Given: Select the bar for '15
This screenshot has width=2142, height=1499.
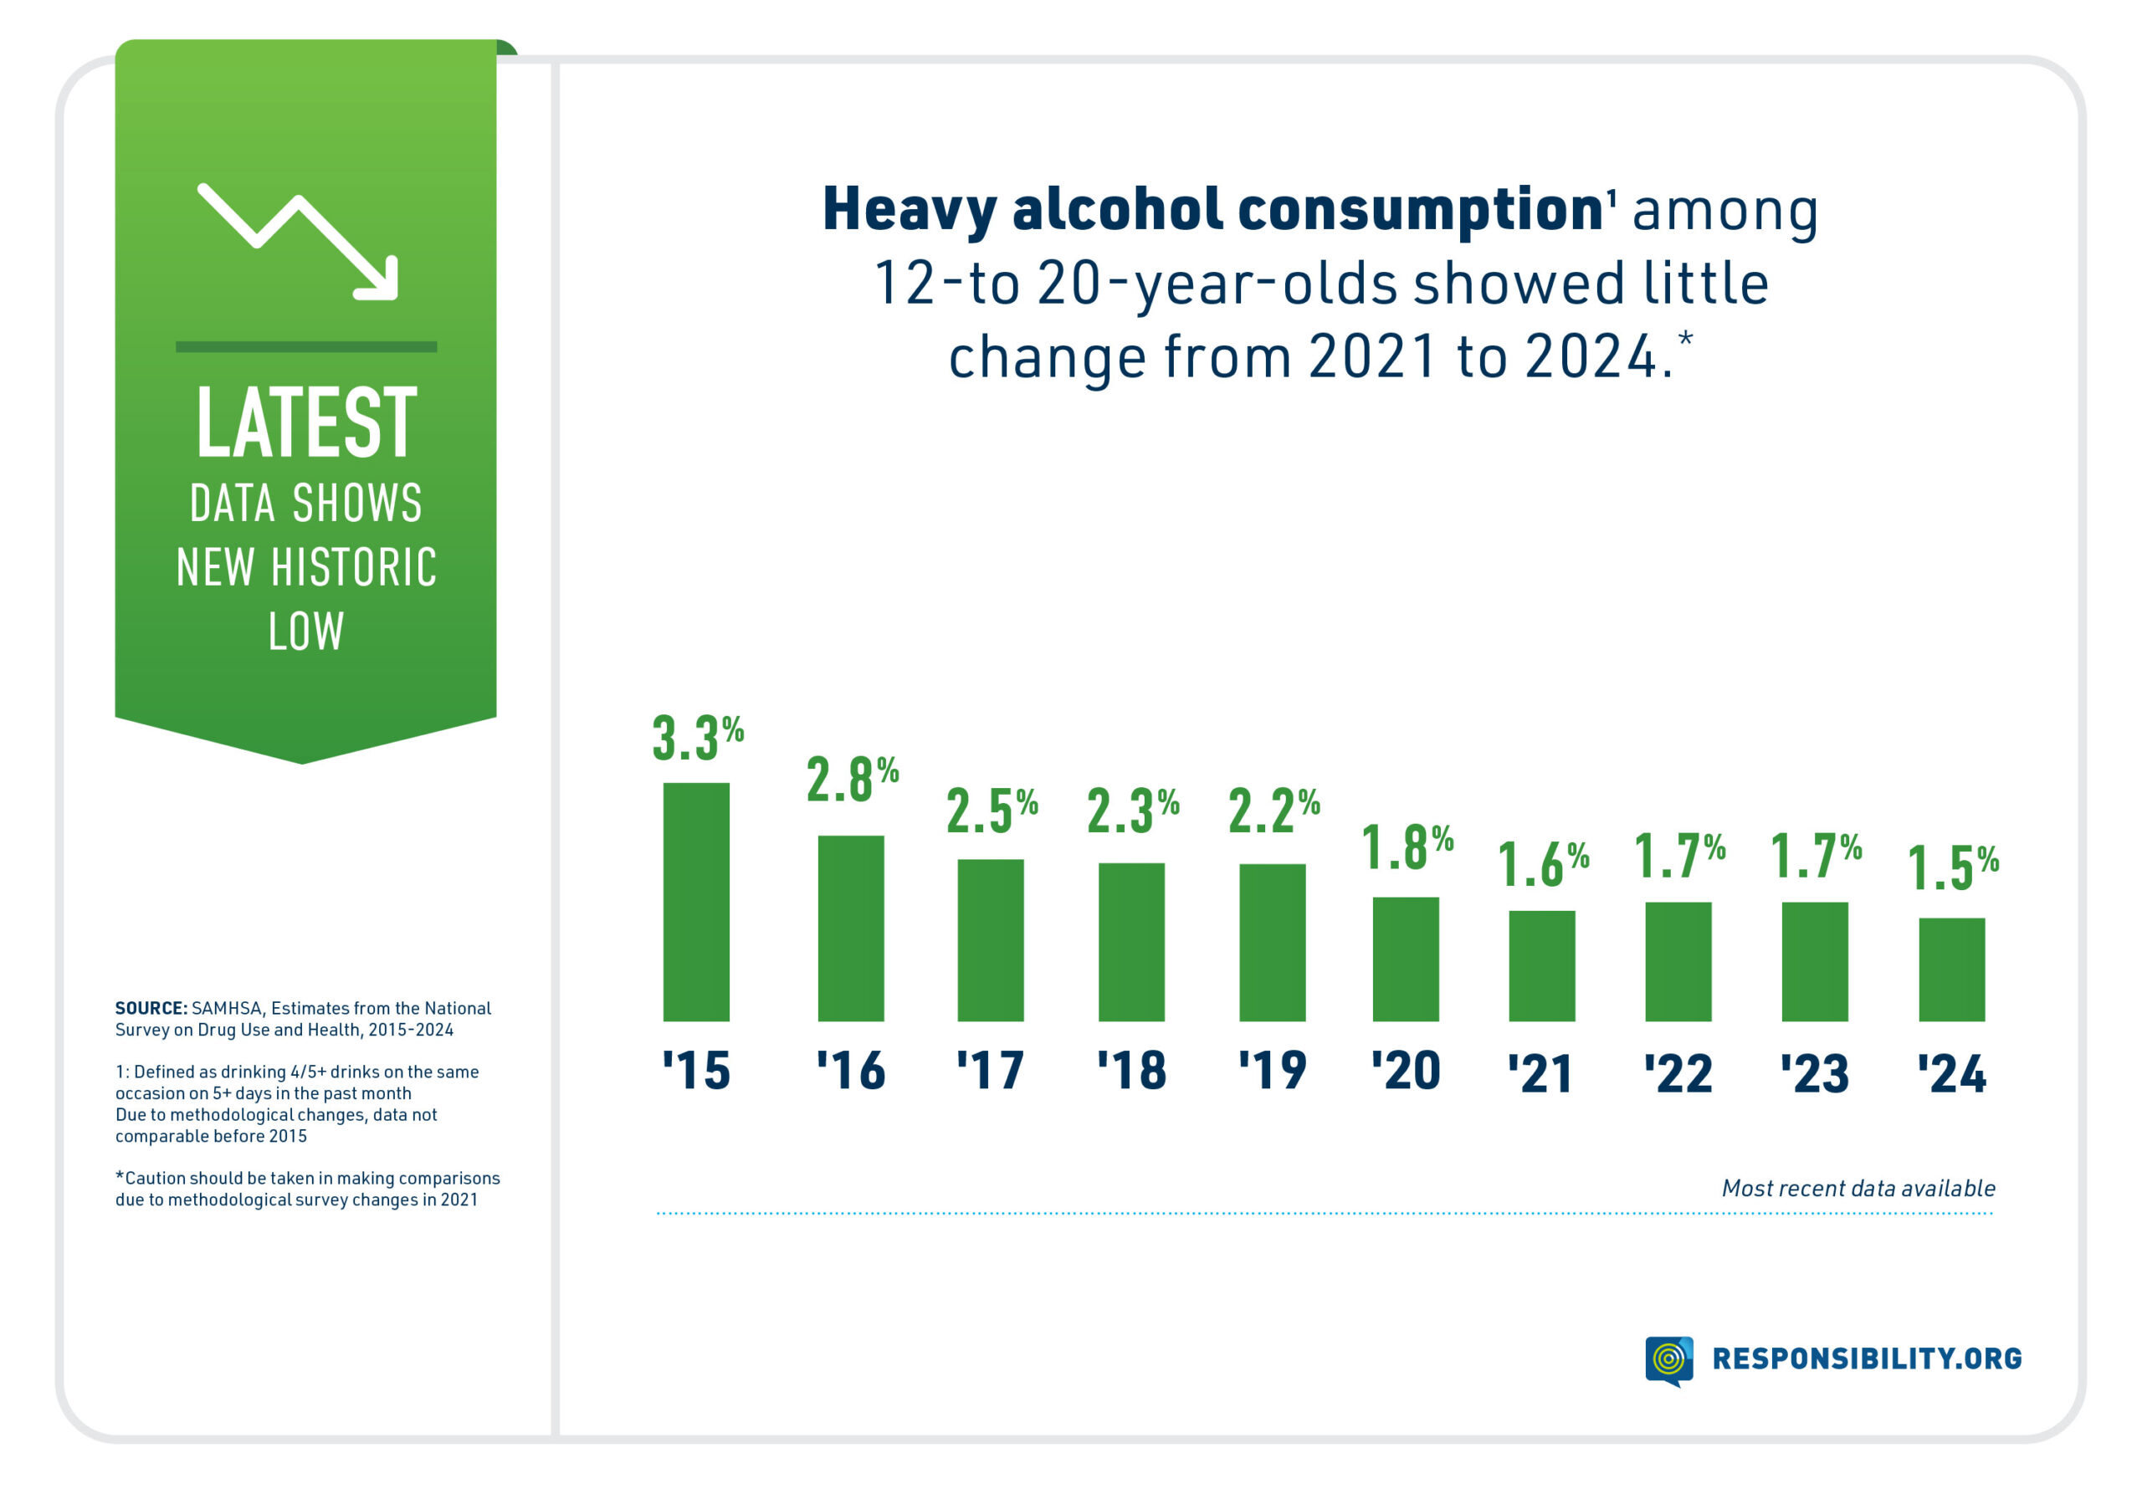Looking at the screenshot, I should click(696, 901).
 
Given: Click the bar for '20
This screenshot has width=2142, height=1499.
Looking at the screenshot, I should click(1405, 959).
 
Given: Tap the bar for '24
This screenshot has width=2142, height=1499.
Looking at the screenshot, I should click(1952, 969).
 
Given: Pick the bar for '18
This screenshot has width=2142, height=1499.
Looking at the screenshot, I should click(1130, 941).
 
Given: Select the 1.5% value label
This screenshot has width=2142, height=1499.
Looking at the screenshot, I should click(1953, 867).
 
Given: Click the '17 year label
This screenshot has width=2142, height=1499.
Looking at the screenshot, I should click(991, 1070).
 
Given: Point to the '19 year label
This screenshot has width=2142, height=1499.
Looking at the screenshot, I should click(1273, 1070).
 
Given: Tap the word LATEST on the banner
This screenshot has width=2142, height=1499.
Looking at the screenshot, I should click(306, 422).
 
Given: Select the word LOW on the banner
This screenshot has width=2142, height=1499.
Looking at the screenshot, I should click(306, 632).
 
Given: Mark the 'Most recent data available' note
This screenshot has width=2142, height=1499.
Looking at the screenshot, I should click(1858, 1189).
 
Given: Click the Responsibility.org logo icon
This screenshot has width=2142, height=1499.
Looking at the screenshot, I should click(1668, 1359).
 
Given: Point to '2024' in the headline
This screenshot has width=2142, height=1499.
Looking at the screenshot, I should click(1590, 356).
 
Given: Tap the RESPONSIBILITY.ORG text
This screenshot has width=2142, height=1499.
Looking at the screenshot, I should click(1867, 1358).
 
